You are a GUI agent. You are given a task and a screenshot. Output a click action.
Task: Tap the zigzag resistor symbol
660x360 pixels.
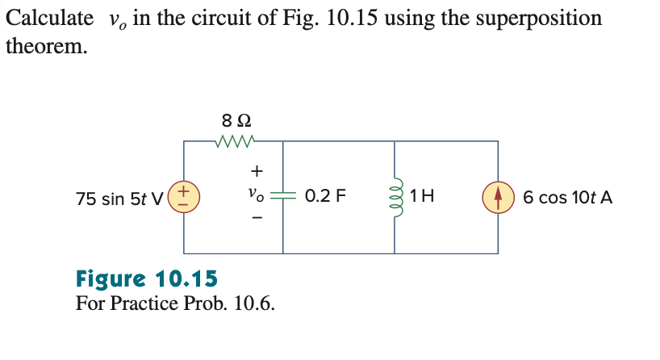pyautogui.click(x=236, y=142)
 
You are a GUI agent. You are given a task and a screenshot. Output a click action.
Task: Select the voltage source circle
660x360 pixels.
pyautogui.click(x=183, y=197)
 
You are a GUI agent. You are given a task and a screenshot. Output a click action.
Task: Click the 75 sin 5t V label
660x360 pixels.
pyautogui.click(x=119, y=198)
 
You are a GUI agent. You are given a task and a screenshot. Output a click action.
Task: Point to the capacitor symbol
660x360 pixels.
pyautogui.click(x=282, y=196)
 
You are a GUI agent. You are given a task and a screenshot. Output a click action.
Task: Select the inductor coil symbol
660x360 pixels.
pyautogui.click(x=395, y=196)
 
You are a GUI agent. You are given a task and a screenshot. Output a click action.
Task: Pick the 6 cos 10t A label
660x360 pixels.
pyautogui.click(x=567, y=197)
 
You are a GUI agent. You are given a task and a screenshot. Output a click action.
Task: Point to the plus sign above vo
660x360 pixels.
pyautogui.click(x=256, y=171)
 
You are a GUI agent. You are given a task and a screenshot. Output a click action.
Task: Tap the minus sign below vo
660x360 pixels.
pyautogui.click(x=256, y=218)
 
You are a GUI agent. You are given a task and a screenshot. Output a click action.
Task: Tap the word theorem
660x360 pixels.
pyautogui.click(x=44, y=47)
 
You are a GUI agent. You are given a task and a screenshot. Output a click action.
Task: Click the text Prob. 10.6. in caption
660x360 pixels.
pyautogui.click(x=234, y=304)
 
